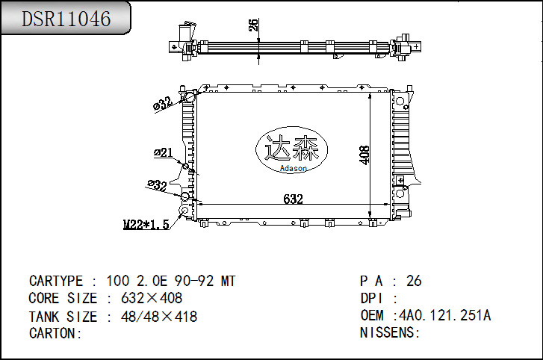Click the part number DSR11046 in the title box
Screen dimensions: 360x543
click(66, 19)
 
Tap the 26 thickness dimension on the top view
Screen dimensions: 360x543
click(253, 25)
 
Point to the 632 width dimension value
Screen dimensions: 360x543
click(293, 199)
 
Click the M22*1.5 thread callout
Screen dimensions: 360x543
click(146, 223)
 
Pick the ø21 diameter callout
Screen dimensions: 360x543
click(163, 153)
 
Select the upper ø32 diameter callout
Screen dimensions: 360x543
click(162, 104)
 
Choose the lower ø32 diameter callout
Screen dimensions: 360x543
click(157, 185)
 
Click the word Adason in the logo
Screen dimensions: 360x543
click(293, 169)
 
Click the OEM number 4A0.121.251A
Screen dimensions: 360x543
click(445, 315)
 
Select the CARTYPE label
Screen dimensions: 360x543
click(56, 282)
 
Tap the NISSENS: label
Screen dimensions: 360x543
click(391, 332)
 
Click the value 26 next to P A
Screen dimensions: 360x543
click(414, 282)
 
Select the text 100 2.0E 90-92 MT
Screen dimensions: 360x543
click(171, 282)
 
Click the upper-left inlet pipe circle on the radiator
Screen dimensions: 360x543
click(190, 96)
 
